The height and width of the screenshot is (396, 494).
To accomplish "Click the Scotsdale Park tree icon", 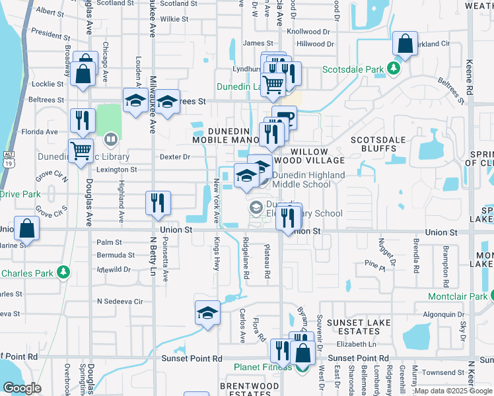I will (394, 68).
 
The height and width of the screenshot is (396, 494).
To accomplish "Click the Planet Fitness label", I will (263, 368).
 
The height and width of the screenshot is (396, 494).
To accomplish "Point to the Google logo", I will (22, 387).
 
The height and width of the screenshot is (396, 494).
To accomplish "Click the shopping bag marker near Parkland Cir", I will (405, 45).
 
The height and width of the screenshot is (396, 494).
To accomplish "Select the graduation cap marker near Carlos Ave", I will (207, 312).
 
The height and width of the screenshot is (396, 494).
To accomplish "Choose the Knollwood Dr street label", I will (308, 31).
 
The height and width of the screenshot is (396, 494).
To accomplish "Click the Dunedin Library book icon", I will (110, 139).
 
